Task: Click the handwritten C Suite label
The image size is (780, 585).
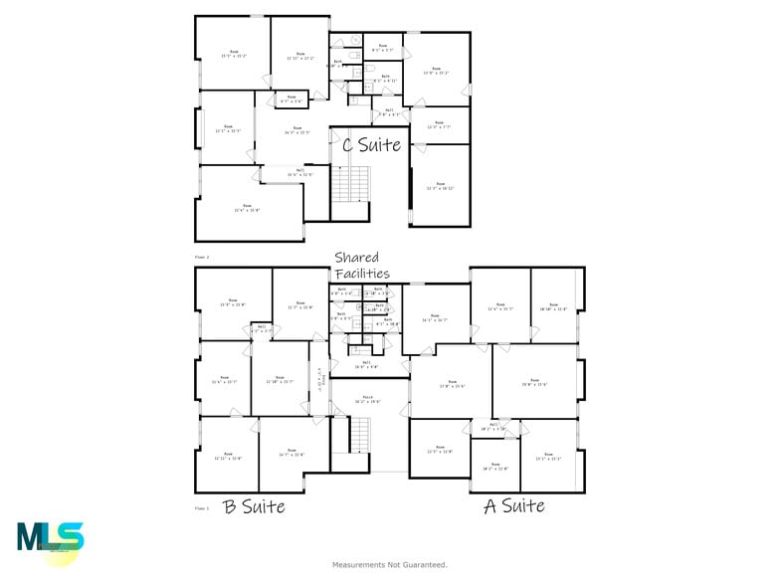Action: tap(371, 145)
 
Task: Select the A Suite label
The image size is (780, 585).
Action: tap(513, 506)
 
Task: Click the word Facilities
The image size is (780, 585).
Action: tap(361, 273)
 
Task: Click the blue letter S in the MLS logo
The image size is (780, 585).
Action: tap(70, 537)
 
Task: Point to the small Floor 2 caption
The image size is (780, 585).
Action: tap(203, 257)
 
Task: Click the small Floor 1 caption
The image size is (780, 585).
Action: tap(203, 508)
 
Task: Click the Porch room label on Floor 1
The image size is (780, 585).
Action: tap(369, 399)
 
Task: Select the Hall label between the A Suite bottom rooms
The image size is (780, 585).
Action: tap(494, 427)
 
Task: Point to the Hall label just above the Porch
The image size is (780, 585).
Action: tap(366, 364)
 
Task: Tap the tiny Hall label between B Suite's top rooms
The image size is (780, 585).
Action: tap(262, 328)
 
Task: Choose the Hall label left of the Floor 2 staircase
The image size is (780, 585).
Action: tap(300, 172)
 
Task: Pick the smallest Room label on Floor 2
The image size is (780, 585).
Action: tap(292, 99)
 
